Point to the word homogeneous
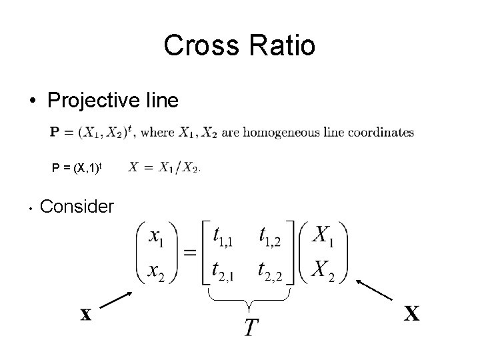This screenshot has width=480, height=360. [294, 133]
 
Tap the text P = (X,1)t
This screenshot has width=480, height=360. [76, 167]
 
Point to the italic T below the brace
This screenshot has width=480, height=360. [251, 327]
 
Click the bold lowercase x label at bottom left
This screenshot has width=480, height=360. [86, 315]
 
